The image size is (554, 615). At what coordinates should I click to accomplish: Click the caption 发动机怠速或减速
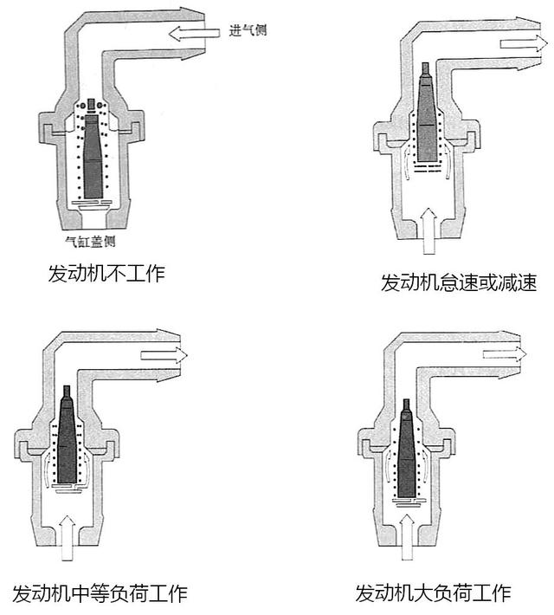[x=459, y=283]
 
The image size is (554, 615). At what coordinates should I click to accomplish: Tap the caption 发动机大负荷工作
[x=433, y=593]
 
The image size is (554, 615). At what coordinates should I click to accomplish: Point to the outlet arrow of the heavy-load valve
[x=505, y=353]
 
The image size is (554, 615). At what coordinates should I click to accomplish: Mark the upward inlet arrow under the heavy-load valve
[x=407, y=537]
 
